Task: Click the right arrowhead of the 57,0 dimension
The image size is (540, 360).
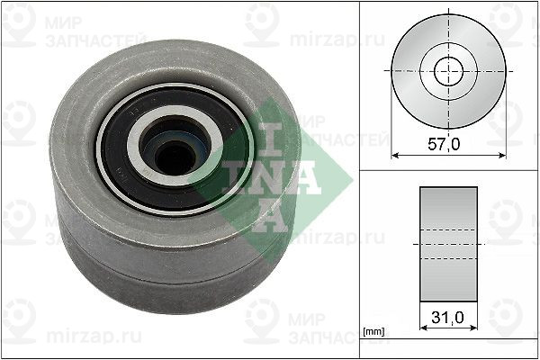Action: click(501, 154)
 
